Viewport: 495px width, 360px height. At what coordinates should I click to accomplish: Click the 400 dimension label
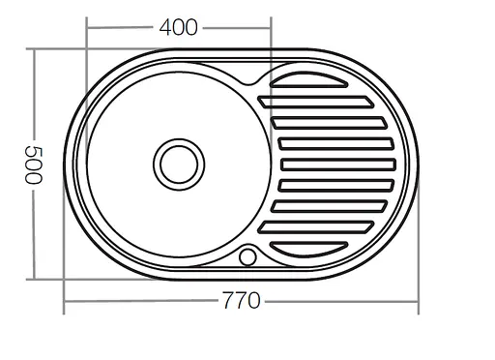[179, 28]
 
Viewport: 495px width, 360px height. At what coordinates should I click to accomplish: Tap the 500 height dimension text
[37, 165]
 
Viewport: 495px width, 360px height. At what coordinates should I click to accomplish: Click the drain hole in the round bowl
[178, 162]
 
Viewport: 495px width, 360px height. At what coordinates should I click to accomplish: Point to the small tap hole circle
[247, 256]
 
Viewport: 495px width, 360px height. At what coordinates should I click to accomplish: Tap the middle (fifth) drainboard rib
[338, 164]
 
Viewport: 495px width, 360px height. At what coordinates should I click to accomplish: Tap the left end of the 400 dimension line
[88, 28]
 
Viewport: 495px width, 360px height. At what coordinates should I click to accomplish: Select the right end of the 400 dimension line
[271, 28]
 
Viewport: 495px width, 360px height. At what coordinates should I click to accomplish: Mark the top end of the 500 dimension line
[37, 49]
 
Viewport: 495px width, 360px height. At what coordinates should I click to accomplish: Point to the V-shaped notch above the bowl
[241, 77]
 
